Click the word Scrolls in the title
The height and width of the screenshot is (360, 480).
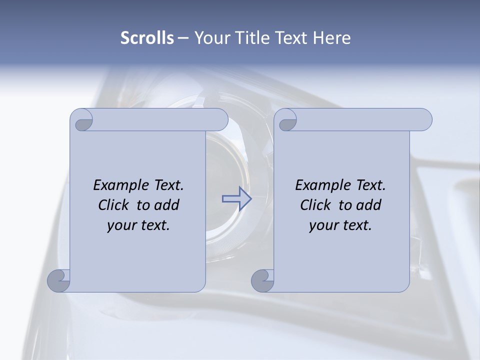coord(147,38)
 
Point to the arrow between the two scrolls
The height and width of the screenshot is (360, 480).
coord(237,199)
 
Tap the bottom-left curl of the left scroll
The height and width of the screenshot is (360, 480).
coord(59,280)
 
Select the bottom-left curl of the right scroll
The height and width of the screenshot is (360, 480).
coord(262,280)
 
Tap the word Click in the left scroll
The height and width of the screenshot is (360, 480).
coord(113,205)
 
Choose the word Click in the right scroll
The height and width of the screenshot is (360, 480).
coord(315,205)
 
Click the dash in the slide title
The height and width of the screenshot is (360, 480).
coord(183,38)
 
